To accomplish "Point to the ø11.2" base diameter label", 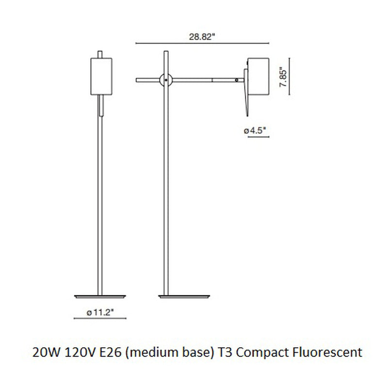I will click(x=100, y=313).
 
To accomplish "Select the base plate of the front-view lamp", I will click(x=100, y=295).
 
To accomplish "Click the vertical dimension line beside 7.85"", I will click(x=290, y=77).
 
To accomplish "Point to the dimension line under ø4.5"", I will click(x=259, y=137).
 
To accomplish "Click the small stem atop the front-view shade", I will click(x=101, y=53).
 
